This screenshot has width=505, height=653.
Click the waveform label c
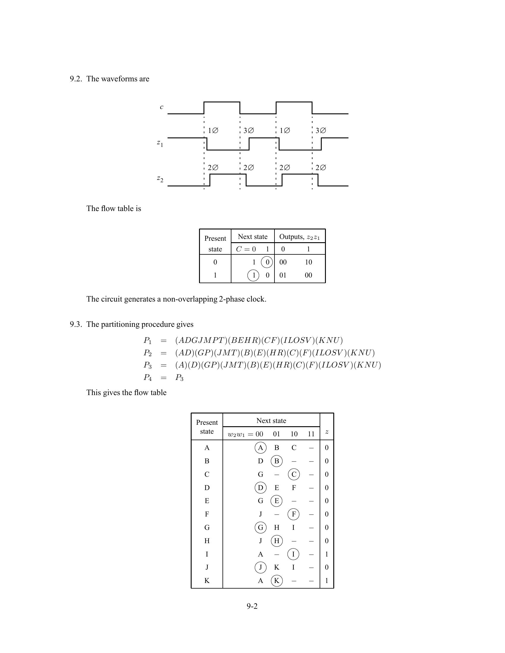pos(162,107)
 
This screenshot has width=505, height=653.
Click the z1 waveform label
pos(160,144)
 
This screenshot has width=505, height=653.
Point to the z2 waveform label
pos(160,179)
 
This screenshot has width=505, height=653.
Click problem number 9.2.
pos(76,79)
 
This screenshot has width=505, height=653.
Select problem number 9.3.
pos(76,324)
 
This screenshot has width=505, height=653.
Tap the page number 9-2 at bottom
pos(252,606)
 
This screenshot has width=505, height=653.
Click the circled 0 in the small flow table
pos(267,262)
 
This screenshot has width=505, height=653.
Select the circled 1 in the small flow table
pos(253,275)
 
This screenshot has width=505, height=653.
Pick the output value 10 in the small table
pos(308,262)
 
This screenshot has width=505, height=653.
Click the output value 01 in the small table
pos(283,275)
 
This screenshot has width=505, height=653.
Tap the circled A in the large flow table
pos(260,448)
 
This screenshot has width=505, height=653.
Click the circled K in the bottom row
pos(277,581)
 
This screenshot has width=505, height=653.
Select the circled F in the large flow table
pos(293,514)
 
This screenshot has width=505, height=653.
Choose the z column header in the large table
pos(327,432)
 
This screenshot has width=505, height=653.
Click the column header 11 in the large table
pos(311,434)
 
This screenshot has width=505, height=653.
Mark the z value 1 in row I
pos(327,554)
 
